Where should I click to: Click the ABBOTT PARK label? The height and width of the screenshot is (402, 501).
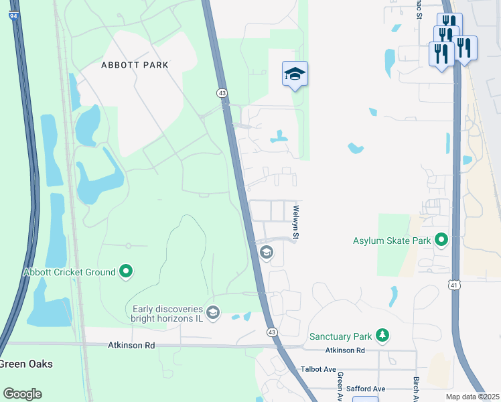tap(135, 65)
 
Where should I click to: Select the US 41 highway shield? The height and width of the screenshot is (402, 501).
tap(454, 285)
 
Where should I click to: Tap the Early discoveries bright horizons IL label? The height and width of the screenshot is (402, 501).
tap(167, 313)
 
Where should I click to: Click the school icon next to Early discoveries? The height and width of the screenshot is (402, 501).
tap(213, 312)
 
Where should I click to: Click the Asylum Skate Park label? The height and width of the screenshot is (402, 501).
tap(392, 240)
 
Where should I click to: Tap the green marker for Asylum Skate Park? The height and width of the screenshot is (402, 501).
tap(441, 239)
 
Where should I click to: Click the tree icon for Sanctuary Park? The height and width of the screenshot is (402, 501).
tap(382, 335)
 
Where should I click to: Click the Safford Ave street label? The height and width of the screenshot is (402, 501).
tap(366, 389)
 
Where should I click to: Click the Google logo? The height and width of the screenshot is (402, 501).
tap(23, 394)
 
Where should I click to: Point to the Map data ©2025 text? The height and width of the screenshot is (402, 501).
tap(472, 397)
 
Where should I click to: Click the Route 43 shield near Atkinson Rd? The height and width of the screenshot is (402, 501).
tap(272, 332)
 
